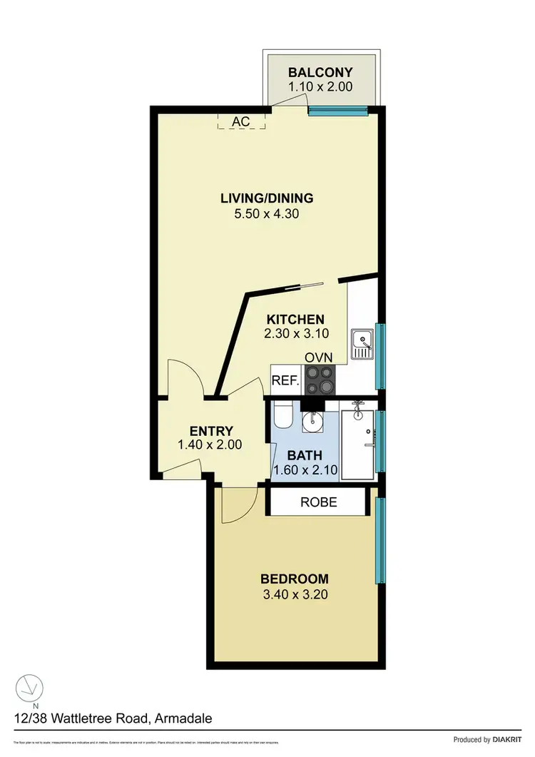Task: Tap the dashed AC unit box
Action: coord(241,121)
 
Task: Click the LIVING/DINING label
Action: coord(267,198)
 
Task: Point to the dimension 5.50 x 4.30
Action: coord(267,213)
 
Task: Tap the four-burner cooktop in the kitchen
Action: coord(319,380)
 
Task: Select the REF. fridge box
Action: coord(285,380)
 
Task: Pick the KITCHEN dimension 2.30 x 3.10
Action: coord(295,334)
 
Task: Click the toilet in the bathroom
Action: coord(282,413)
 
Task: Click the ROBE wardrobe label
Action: coord(318,502)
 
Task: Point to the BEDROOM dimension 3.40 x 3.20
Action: coord(294,594)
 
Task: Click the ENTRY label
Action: coord(211,430)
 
